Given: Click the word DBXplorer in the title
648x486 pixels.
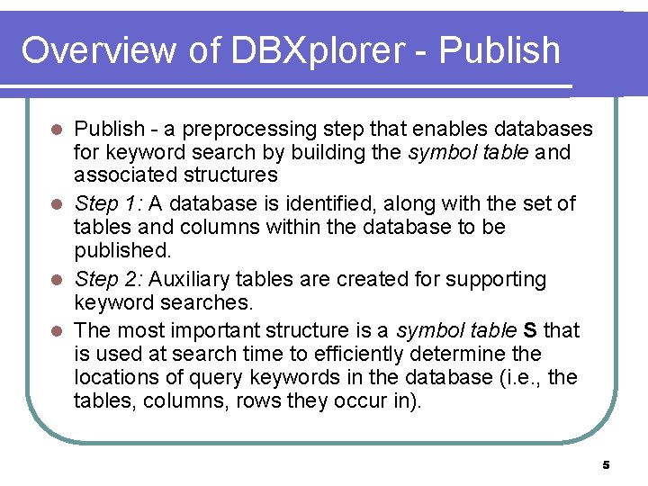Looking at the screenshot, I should [x=318, y=51].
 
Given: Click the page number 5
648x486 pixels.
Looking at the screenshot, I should [x=606, y=464].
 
